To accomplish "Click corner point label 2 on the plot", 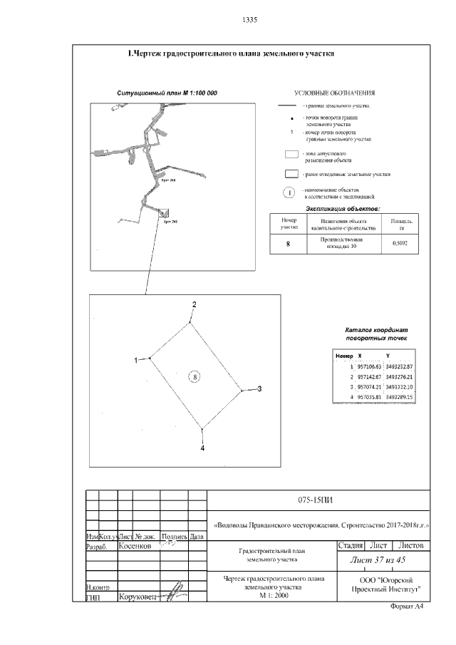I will click(x=193, y=305).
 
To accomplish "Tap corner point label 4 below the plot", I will click(x=202, y=448).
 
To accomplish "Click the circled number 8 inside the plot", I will click(x=197, y=376).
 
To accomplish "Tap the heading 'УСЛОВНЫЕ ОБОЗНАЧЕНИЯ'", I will click(x=335, y=94).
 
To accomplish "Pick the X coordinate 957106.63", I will click(x=369, y=366).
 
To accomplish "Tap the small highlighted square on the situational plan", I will click(x=164, y=212).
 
